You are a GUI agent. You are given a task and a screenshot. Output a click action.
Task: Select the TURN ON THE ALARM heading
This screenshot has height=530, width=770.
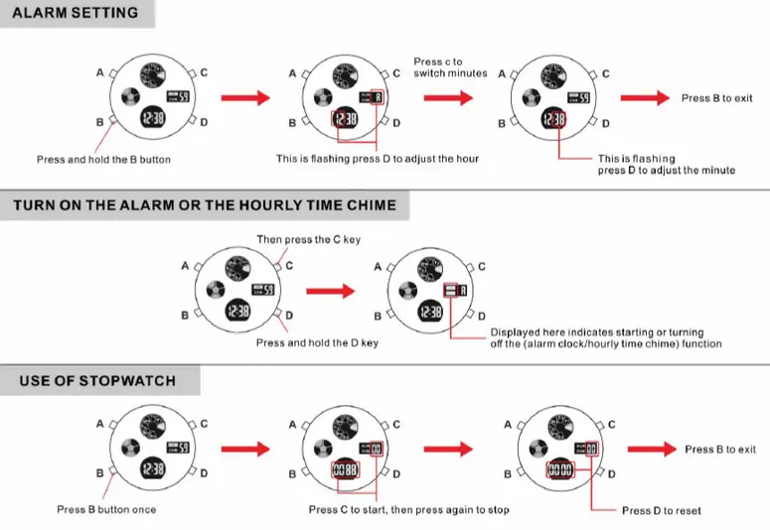(205, 205)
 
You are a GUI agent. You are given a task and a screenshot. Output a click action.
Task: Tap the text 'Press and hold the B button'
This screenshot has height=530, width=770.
(103, 159)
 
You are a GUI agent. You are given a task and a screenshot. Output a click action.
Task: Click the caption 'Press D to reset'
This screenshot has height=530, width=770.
(661, 510)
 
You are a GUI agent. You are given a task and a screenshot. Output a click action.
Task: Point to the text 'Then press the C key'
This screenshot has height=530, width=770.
(308, 239)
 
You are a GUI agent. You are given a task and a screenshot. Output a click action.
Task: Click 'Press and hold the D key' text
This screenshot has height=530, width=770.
(318, 343)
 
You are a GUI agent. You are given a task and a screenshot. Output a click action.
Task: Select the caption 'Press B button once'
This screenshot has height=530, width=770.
(106, 509)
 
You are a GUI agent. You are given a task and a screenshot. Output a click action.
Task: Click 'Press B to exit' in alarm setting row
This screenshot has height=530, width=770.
(716, 98)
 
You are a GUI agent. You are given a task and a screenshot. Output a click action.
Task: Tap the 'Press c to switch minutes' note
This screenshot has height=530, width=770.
(450, 67)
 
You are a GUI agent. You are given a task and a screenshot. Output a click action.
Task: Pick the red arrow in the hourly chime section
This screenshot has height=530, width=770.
(330, 292)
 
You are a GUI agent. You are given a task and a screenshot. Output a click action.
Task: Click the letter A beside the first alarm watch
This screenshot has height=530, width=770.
(99, 72)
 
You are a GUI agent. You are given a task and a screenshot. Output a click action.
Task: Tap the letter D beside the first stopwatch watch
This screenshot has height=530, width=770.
(204, 473)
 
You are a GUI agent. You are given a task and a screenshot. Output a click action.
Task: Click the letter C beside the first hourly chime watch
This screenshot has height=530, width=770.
(290, 265)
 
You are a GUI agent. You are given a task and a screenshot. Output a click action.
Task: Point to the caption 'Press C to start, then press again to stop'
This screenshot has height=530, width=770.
(408, 509)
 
